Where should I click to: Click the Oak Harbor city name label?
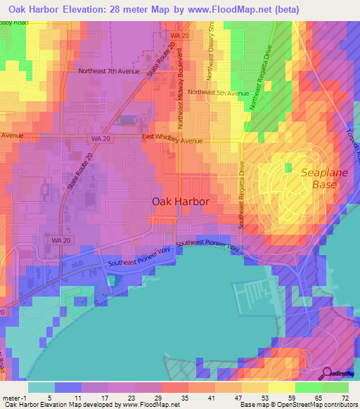tap(181, 202)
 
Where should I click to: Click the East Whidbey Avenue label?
tap(172, 141)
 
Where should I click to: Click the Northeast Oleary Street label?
tap(209, 57)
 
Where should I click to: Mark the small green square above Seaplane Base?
tap(288, 167)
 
